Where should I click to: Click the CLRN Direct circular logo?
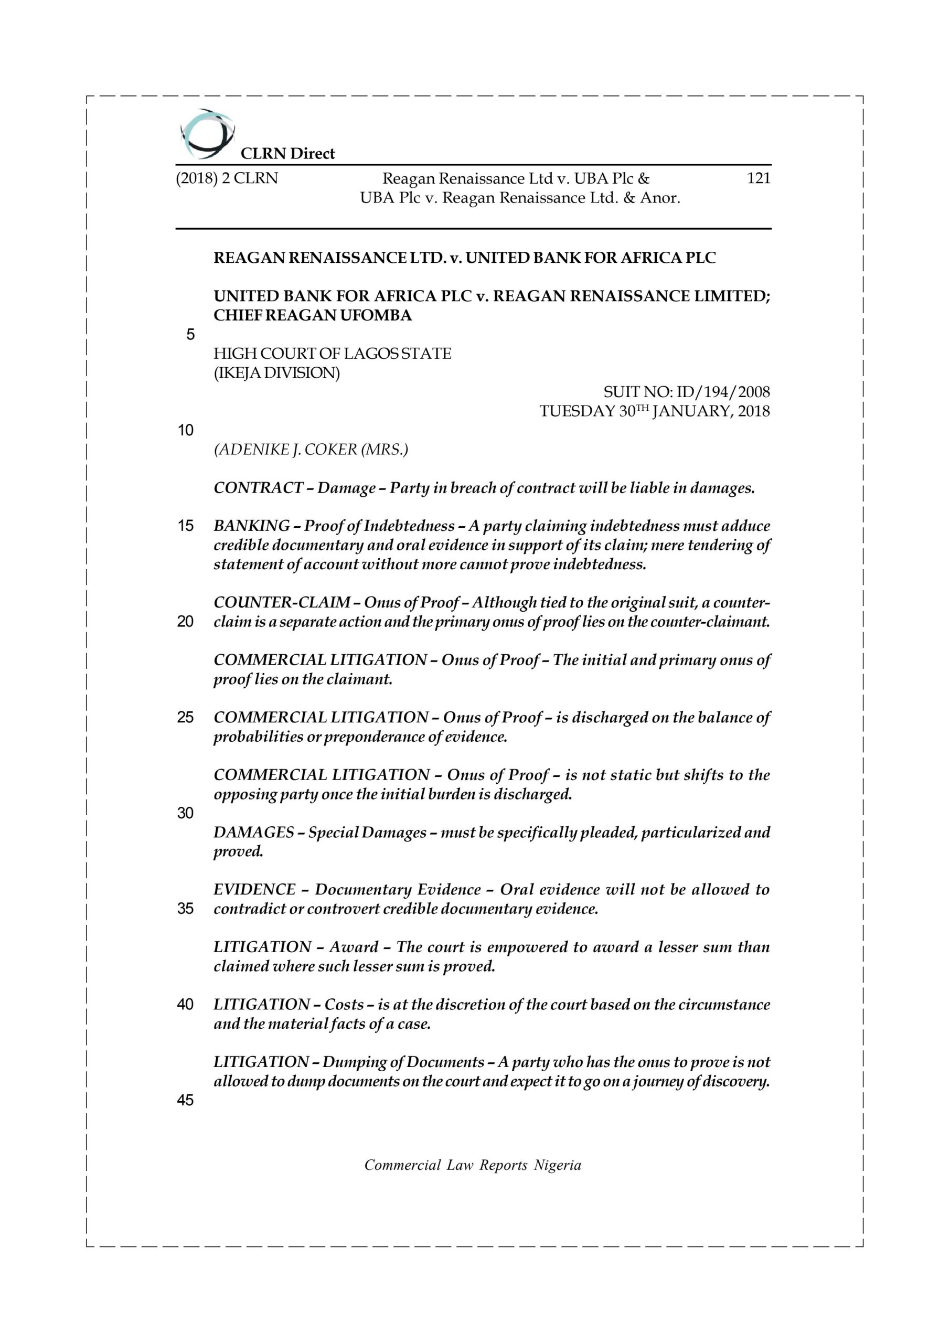pyautogui.click(x=207, y=134)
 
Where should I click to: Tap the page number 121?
pyautogui.click(x=758, y=178)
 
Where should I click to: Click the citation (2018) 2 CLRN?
pyautogui.click(x=227, y=178)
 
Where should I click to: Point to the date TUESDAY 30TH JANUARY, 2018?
pyautogui.click(x=654, y=411)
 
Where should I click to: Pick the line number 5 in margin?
pyautogui.click(x=190, y=335)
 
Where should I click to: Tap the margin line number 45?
pyautogui.click(x=186, y=1100)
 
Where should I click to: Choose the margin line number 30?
pyautogui.click(x=186, y=813)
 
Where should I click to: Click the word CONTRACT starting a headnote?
pyautogui.click(x=258, y=488)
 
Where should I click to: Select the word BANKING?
pyautogui.click(x=252, y=526)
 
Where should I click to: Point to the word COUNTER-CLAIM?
pyautogui.click(x=281, y=602)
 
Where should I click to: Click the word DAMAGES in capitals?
pyautogui.click(x=253, y=833)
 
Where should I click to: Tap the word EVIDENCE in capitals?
pyautogui.click(x=253, y=890)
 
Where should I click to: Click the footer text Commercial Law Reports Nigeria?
pyautogui.click(x=473, y=1165)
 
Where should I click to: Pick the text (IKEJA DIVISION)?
pyautogui.click(x=276, y=372)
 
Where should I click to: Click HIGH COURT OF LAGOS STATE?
pyautogui.click(x=332, y=354)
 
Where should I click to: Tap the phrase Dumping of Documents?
pyautogui.click(x=403, y=1062)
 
